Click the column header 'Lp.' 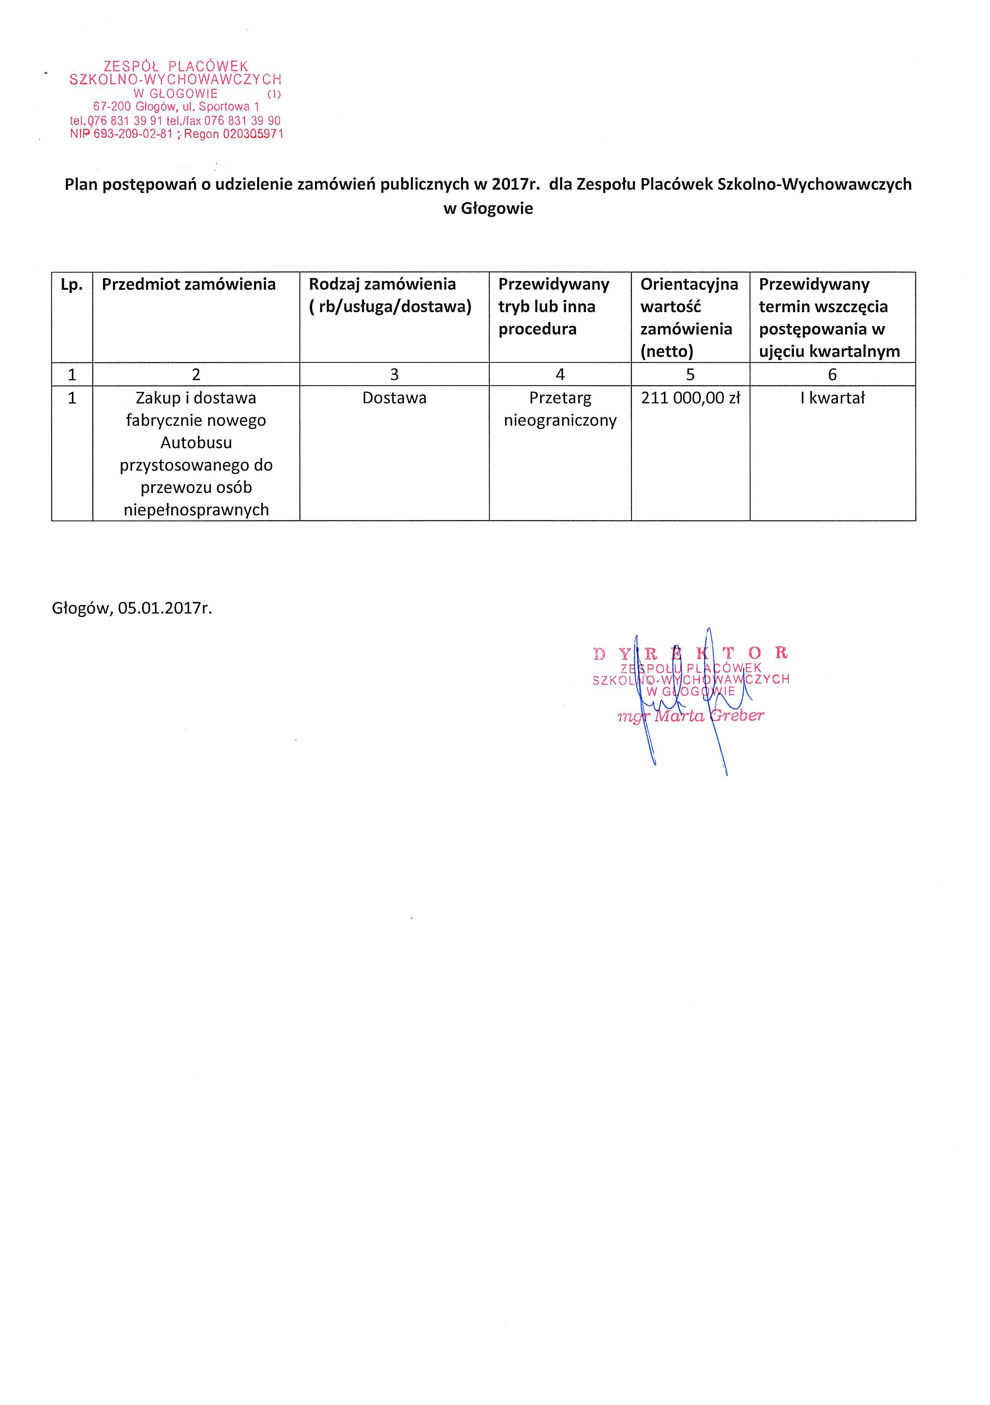(x=71, y=285)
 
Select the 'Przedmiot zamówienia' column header (x=188, y=285)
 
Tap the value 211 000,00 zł (x=690, y=398)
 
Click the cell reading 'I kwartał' (x=832, y=398)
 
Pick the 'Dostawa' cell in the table (x=394, y=398)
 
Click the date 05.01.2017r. (x=165, y=608)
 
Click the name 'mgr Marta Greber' (x=690, y=716)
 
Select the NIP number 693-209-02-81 (x=133, y=134)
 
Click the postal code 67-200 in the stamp (x=112, y=107)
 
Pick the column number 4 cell (x=560, y=374)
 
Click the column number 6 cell (x=832, y=374)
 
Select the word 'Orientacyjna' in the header (x=689, y=285)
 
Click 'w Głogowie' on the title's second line (x=488, y=209)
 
